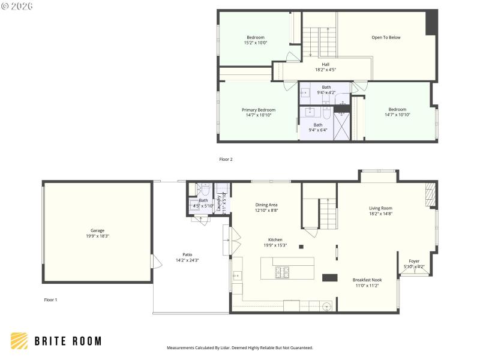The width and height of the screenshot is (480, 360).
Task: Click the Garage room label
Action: [97, 230]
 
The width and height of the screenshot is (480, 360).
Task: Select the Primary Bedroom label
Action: [259, 110]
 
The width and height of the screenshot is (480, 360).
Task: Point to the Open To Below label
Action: [386, 37]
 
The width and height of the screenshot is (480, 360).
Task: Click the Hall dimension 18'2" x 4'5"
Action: [325, 70]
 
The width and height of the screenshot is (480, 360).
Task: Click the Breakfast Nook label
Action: [367, 280]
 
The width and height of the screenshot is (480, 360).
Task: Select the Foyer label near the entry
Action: [414, 261]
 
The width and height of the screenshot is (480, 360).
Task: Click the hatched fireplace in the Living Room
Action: [428, 195]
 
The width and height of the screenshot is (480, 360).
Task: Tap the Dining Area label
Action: [266, 205]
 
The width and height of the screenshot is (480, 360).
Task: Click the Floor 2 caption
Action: [226, 160]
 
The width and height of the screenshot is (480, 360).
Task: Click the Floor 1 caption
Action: [50, 299]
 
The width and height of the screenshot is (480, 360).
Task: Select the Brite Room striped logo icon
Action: [19, 341]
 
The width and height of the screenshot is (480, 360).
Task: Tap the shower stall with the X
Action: [342, 124]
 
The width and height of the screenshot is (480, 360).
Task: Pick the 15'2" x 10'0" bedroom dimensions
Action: [255, 43]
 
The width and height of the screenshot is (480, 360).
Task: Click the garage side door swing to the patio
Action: [156, 262]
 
